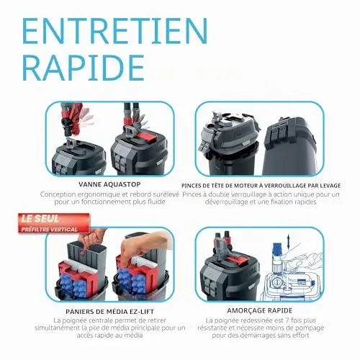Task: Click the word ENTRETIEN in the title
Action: [x=115, y=31]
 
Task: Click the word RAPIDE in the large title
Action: [x=84, y=68]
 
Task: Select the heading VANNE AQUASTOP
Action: [x=109, y=184]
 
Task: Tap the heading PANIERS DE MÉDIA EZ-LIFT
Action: [x=110, y=312]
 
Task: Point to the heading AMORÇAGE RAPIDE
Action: [x=260, y=310]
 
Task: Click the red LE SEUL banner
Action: [x=54, y=224]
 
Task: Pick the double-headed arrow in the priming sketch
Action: [x=288, y=242]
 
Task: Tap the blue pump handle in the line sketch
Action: [x=277, y=248]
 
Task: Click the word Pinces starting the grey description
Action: [x=192, y=194]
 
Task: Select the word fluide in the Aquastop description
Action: [x=156, y=202]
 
